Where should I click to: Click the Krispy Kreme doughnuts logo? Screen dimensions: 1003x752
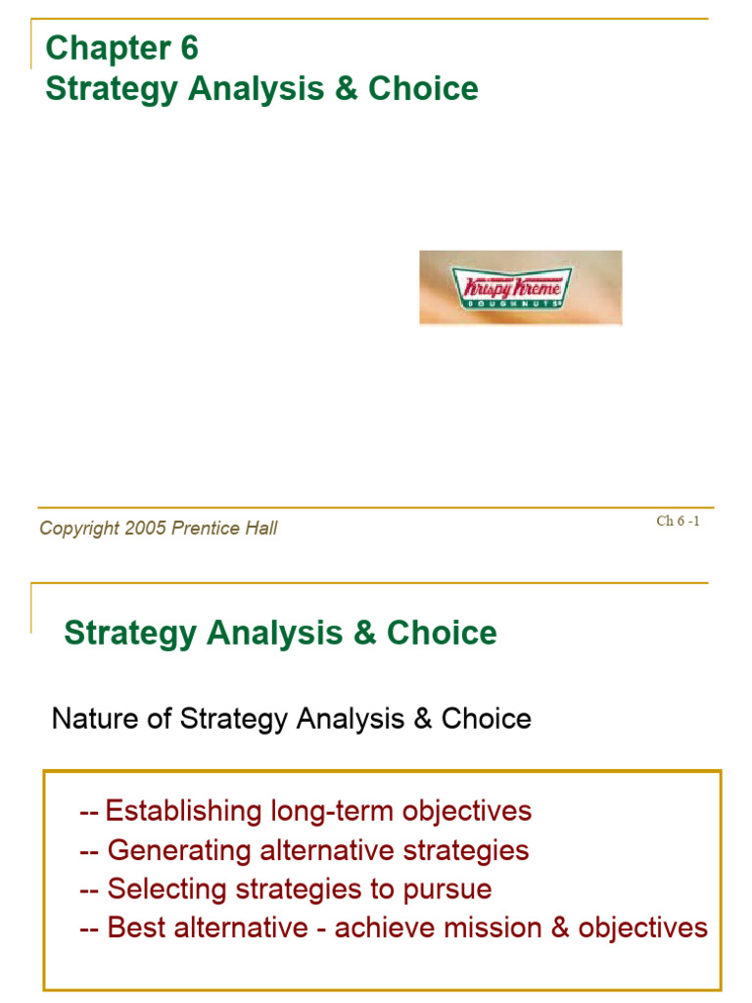click(x=520, y=287)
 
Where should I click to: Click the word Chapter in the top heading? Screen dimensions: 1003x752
click(x=95, y=47)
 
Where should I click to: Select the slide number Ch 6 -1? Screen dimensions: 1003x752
click(x=678, y=521)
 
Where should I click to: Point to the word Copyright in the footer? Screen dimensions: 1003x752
click(x=79, y=529)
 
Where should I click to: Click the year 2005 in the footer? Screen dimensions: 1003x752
click(x=145, y=529)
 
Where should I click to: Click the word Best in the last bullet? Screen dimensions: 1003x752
click(x=134, y=928)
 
